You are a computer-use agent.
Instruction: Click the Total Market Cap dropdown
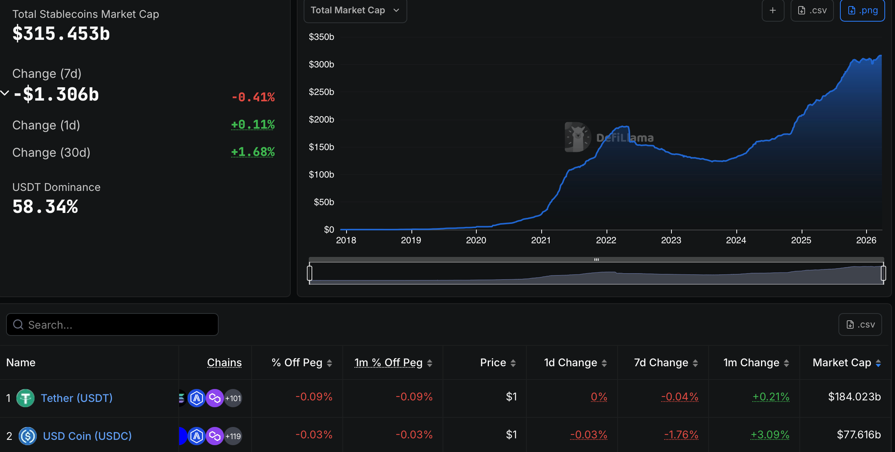(x=355, y=10)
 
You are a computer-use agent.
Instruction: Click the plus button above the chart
(x=772, y=10)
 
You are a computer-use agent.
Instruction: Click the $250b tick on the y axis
(x=321, y=92)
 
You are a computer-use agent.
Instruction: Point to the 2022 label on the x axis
(x=606, y=240)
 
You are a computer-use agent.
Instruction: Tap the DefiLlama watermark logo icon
(x=577, y=137)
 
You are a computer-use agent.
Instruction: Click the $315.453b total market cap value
(x=61, y=33)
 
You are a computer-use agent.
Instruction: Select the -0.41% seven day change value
(x=253, y=97)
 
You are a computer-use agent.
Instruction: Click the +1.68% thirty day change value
(x=253, y=152)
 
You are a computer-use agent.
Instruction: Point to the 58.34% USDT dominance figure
(x=45, y=207)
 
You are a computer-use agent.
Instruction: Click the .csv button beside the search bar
(x=860, y=324)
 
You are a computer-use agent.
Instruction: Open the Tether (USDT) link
(x=77, y=398)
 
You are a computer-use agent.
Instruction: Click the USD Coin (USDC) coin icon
(x=28, y=436)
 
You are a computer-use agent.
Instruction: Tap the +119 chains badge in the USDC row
(x=233, y=436)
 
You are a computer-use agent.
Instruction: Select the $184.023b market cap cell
(x=854, y=397)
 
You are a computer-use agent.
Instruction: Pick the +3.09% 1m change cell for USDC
(x=770, y=435)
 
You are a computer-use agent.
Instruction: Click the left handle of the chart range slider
(x=310, y=273)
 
